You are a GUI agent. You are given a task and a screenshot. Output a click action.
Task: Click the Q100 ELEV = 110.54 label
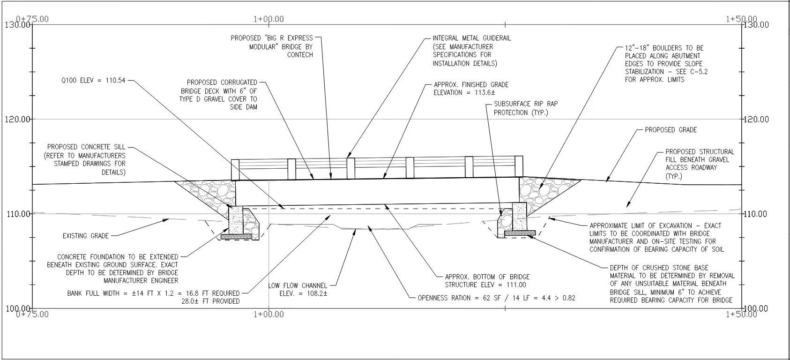point(93,81)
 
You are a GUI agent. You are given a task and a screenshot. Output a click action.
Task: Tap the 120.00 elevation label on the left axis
point(17,119)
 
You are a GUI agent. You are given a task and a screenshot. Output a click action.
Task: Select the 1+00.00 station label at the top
point(268,19)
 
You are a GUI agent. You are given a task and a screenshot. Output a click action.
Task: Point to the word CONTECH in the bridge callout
point(300,55)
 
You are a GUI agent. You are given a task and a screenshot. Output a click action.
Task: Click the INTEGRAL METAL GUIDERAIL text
point(472,38)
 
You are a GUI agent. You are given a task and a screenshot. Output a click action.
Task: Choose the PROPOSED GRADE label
point(671,130)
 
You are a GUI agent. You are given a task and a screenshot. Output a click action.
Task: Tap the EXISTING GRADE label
point(86,236)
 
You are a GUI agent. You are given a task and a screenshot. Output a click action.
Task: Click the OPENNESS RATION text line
point(497,298)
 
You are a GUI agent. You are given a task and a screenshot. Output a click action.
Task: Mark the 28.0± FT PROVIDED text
point(210,301)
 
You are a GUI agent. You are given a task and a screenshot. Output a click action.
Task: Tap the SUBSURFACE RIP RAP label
point(526,104)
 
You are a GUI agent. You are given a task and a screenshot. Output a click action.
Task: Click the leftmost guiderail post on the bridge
point(235,170)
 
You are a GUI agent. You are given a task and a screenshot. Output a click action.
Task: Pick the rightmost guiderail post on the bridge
point(519,166)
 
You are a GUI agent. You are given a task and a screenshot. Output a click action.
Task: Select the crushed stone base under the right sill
point(520,233)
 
